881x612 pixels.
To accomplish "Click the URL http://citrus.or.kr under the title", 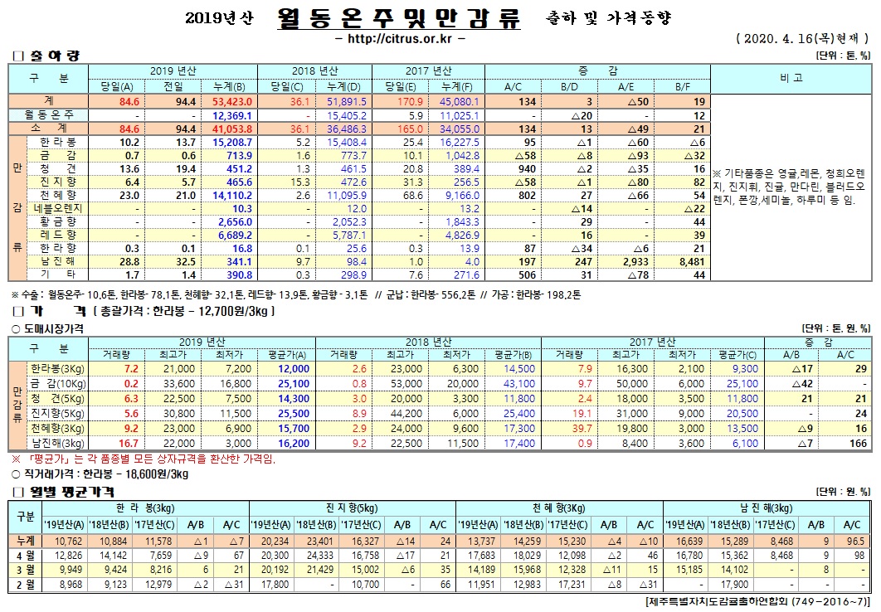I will coord(398,38).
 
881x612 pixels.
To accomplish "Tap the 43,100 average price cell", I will coord(519,382).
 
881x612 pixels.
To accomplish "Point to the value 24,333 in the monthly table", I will coord(320,554).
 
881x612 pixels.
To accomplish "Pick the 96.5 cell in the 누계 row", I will coord(852,540).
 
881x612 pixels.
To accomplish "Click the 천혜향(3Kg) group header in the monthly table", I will coord(560,508).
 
